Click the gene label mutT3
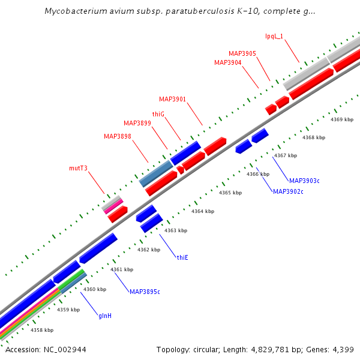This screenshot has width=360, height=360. click(79, 168)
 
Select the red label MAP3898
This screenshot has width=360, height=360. click(118, 136)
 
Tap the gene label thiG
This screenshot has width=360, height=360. click(158, 113)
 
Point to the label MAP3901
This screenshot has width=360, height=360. click(173, 99)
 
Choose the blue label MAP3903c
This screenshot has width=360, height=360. click(304, 180)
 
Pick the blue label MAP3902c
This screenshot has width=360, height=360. click(288, 191)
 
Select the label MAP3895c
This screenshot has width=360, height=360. click(145, 292)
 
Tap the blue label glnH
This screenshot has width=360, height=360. click(104, 315)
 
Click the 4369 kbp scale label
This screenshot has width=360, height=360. click(342, 119)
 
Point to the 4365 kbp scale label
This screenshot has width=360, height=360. click(230, 193)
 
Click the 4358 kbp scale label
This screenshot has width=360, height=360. click(42, 330)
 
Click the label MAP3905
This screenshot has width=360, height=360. click(242, 53)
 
